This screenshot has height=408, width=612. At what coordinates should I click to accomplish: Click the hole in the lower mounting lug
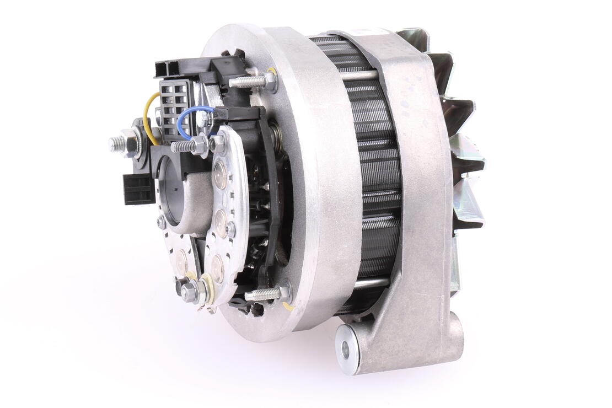click(x=346, y=348)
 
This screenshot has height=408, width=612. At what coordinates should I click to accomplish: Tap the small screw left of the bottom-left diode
click(x=161, y=223)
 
